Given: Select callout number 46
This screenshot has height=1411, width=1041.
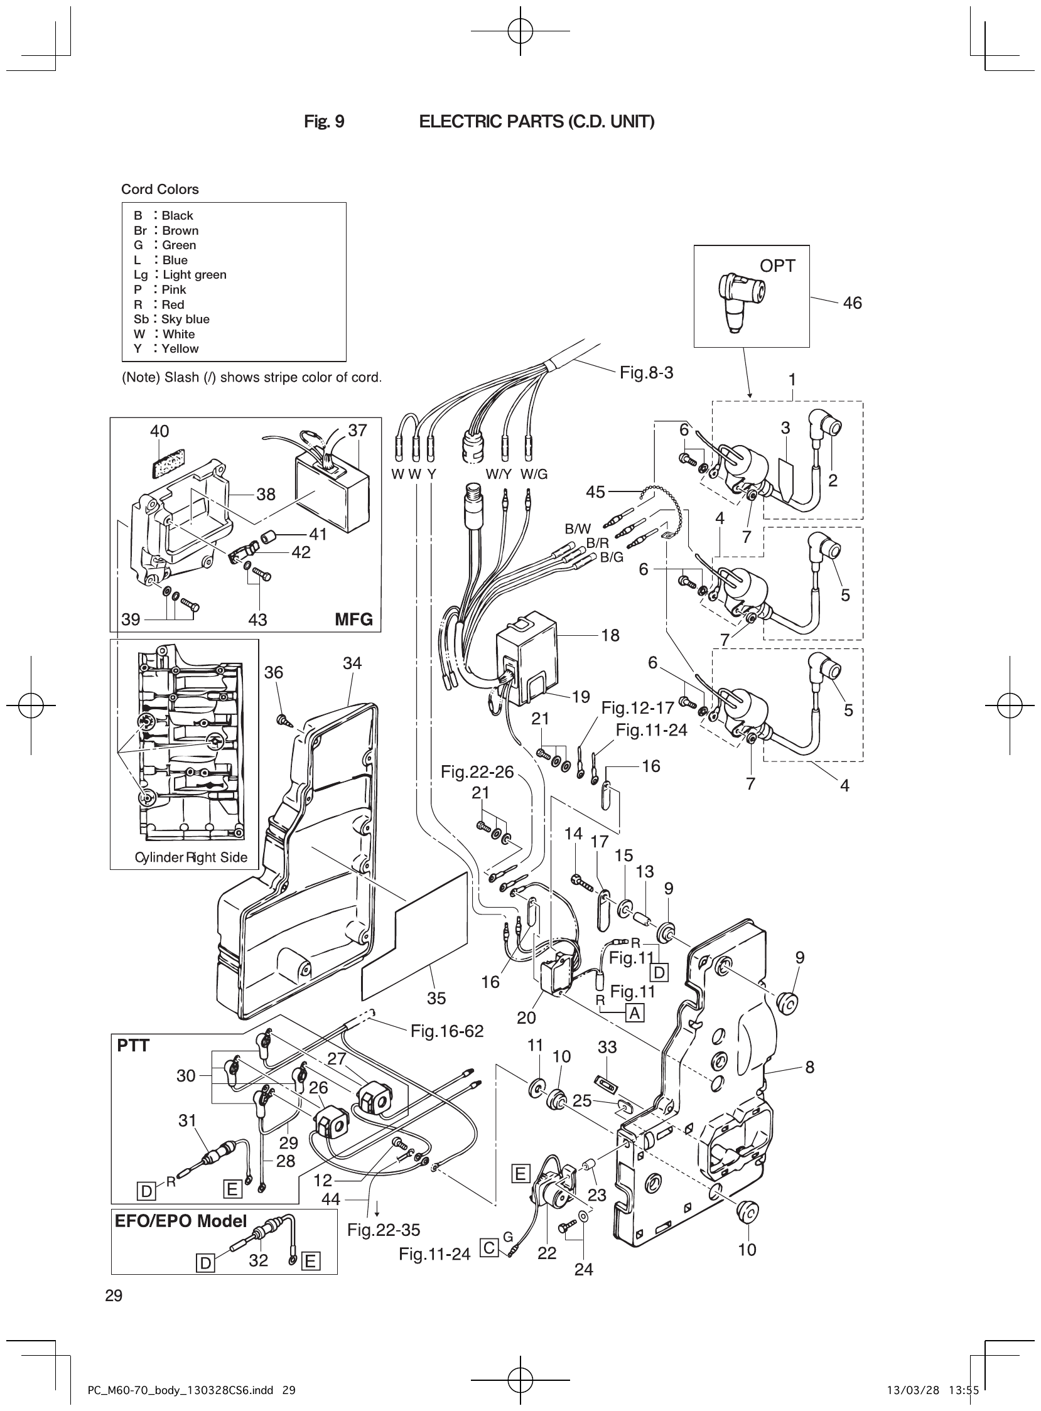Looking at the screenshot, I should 852,303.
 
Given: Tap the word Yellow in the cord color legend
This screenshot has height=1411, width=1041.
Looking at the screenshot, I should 180,348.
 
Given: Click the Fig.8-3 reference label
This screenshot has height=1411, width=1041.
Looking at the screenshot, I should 646,372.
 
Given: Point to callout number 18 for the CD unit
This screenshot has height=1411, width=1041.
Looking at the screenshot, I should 610,635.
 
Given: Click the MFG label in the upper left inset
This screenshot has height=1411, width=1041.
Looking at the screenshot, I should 353,620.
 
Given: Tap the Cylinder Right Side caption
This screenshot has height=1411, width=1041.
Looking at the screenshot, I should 191,857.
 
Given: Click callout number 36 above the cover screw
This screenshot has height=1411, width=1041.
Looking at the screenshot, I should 274,672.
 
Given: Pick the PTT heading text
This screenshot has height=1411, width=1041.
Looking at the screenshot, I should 133,1046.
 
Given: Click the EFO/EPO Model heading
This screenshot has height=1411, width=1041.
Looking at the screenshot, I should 180,1221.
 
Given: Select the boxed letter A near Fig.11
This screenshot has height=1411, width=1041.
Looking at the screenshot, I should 635,1013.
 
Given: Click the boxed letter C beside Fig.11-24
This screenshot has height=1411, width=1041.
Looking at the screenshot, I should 489,1247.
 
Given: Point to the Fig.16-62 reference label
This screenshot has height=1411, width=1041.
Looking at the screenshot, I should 447,1031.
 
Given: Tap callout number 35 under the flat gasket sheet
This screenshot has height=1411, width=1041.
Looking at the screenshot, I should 436,999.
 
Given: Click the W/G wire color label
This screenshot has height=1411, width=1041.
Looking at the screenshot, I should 534,475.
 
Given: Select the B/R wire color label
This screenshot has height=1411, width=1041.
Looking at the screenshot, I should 597,543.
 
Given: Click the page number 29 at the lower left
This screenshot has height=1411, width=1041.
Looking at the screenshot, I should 114,1296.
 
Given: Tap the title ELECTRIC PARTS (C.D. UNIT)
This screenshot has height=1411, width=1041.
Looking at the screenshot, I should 536,122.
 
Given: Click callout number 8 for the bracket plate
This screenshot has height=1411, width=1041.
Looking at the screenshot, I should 810,1067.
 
